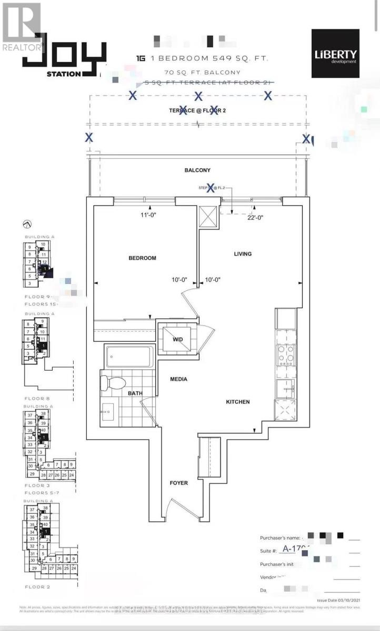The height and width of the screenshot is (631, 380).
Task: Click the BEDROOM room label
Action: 142,258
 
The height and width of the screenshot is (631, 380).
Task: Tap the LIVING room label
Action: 243,254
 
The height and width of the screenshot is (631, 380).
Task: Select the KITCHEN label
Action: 237,402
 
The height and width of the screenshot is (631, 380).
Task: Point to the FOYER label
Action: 178,483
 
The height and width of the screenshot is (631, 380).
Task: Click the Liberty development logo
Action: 335,54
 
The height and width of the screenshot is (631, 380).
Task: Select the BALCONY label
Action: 197,170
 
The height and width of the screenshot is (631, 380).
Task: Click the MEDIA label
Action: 178,379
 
